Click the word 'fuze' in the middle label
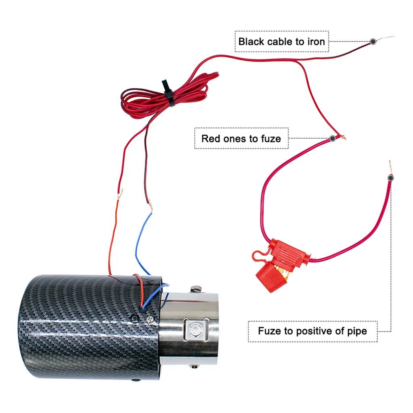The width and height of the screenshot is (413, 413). [x=270, y=139]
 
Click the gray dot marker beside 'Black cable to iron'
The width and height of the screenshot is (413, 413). [x=373, y=42]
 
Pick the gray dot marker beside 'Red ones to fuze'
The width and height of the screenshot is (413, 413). [x=332, y=138]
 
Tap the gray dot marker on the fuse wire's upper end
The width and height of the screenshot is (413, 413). [x=390, y=178]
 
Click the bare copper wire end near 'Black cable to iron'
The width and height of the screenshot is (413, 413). [x=386, y=38]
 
